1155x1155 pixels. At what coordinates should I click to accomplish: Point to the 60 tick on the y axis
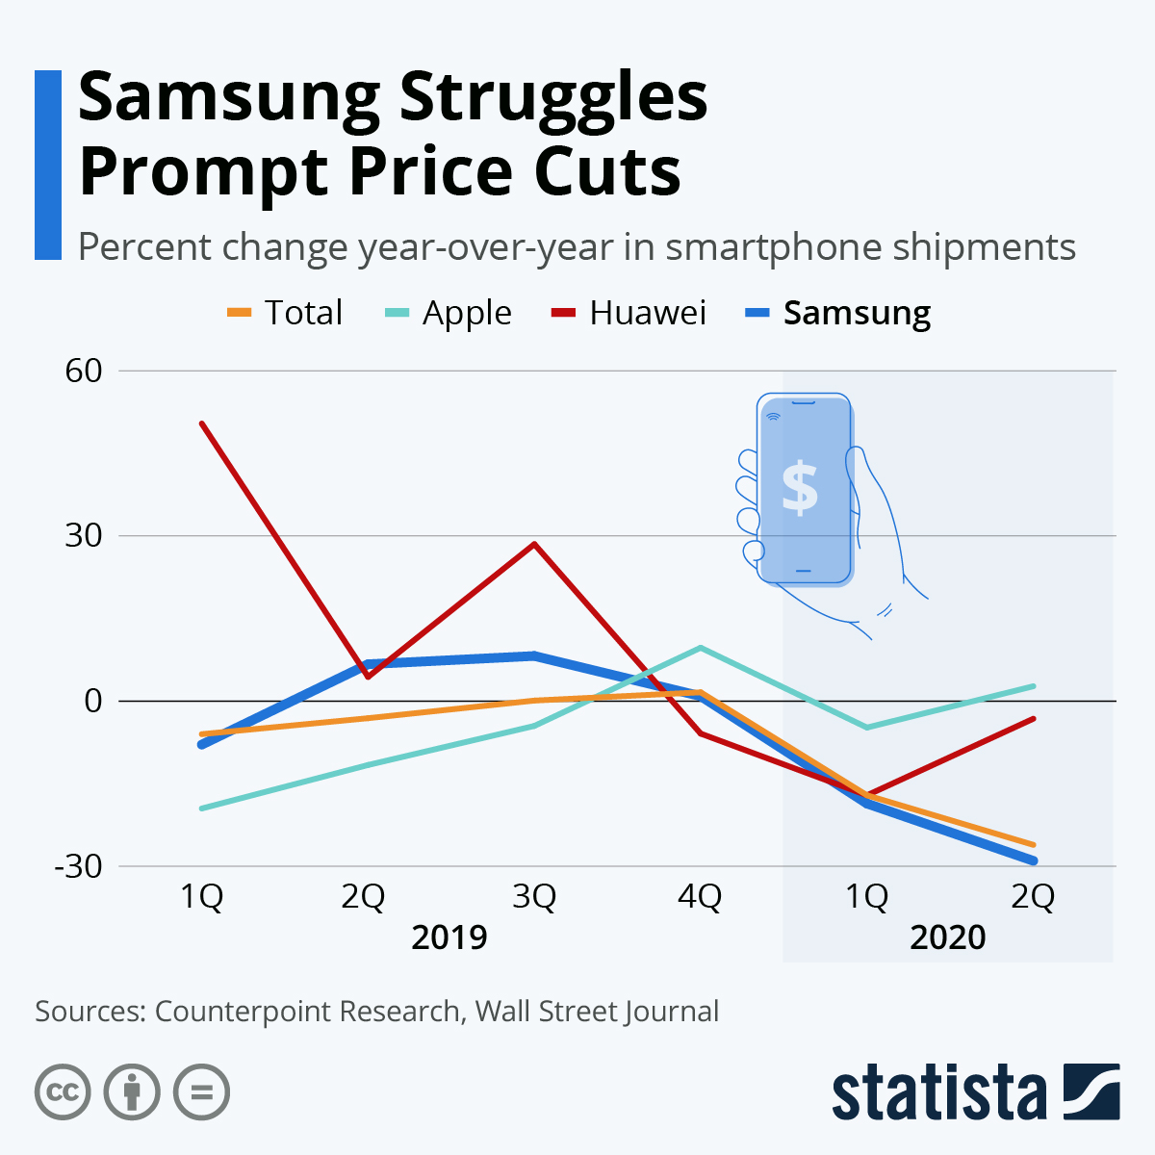click(84, 371)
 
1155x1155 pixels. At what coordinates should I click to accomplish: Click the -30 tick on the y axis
click(79, 866)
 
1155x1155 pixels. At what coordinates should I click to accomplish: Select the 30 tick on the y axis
click(84, 536)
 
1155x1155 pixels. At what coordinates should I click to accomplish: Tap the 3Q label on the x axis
click(533, 897)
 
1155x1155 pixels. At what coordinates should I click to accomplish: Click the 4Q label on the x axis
click(700, 897)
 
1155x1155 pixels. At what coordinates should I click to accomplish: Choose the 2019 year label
click(449, 937)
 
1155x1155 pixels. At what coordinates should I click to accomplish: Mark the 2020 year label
click(948, 937)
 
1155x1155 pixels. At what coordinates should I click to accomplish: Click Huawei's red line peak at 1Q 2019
click(202, 423)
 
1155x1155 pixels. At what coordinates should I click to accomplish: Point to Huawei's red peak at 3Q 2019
click(534, 544)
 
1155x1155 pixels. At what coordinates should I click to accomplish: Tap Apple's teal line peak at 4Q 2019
click(701, 647)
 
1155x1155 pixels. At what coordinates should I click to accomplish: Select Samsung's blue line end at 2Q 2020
click(1033, 860)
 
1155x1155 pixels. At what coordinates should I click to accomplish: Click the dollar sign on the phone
click(800, 486)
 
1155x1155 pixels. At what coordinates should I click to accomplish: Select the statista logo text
click(939, 1092)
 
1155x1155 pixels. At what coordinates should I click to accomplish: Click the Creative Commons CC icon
click(63, 1092)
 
